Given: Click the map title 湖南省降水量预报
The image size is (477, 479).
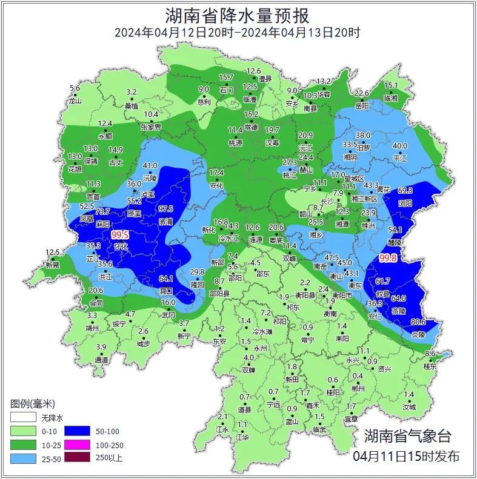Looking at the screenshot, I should point(238,15).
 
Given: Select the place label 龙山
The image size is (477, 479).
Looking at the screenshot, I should point(75,101).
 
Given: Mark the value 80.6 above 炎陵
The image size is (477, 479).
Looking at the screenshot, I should point(418,322).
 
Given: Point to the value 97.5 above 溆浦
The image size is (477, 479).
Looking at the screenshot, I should point(165,208).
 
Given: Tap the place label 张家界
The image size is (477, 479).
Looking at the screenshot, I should point(151,127).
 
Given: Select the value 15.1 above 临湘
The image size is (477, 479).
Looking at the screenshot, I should point(391,85).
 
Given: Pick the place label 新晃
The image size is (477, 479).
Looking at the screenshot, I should point(53,265).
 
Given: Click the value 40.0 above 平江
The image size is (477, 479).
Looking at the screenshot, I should point(400,146).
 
